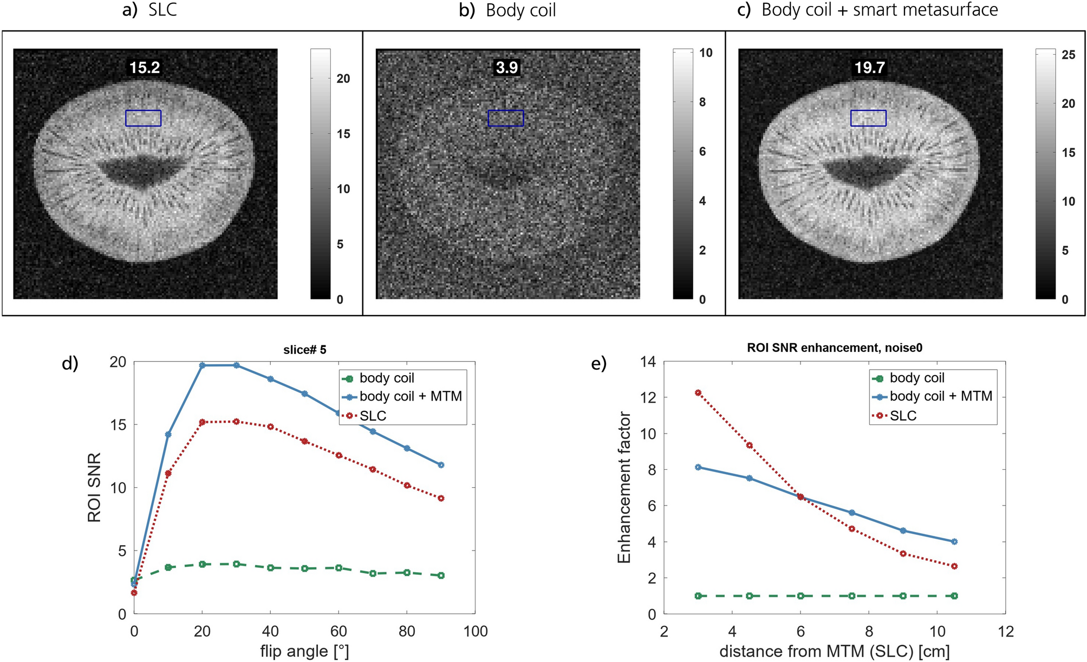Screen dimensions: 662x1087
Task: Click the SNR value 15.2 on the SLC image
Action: (x=145, y=68)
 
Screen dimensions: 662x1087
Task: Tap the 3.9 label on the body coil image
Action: (x=507, y=68)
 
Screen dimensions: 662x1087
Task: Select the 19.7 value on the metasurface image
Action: (x=869, y=68)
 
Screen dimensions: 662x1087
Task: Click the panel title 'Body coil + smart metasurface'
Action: (x=879, y=10)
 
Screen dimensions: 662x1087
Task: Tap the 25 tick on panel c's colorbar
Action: (x=1068, y=55)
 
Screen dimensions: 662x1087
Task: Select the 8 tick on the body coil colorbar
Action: (x=702, y=102)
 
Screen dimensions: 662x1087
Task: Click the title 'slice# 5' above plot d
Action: (x=304, y=350)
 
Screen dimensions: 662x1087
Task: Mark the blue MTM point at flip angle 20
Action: (x=202, y=365)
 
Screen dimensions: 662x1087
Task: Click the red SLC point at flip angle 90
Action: (x=441, y=498)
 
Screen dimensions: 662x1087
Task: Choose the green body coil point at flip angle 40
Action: (x=270, y=567)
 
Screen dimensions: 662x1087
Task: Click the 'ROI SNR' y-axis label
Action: (x=94, y=487)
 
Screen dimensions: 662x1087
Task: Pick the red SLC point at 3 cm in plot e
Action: (x=698, y=393)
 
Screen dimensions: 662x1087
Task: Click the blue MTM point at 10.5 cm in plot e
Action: (x=954, y=541)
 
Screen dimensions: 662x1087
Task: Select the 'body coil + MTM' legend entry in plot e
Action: (x=940, y=396)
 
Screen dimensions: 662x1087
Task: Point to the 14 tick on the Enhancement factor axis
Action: (x=648, y=362)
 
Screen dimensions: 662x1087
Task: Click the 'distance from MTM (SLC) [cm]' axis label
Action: (x=834, y=651)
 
